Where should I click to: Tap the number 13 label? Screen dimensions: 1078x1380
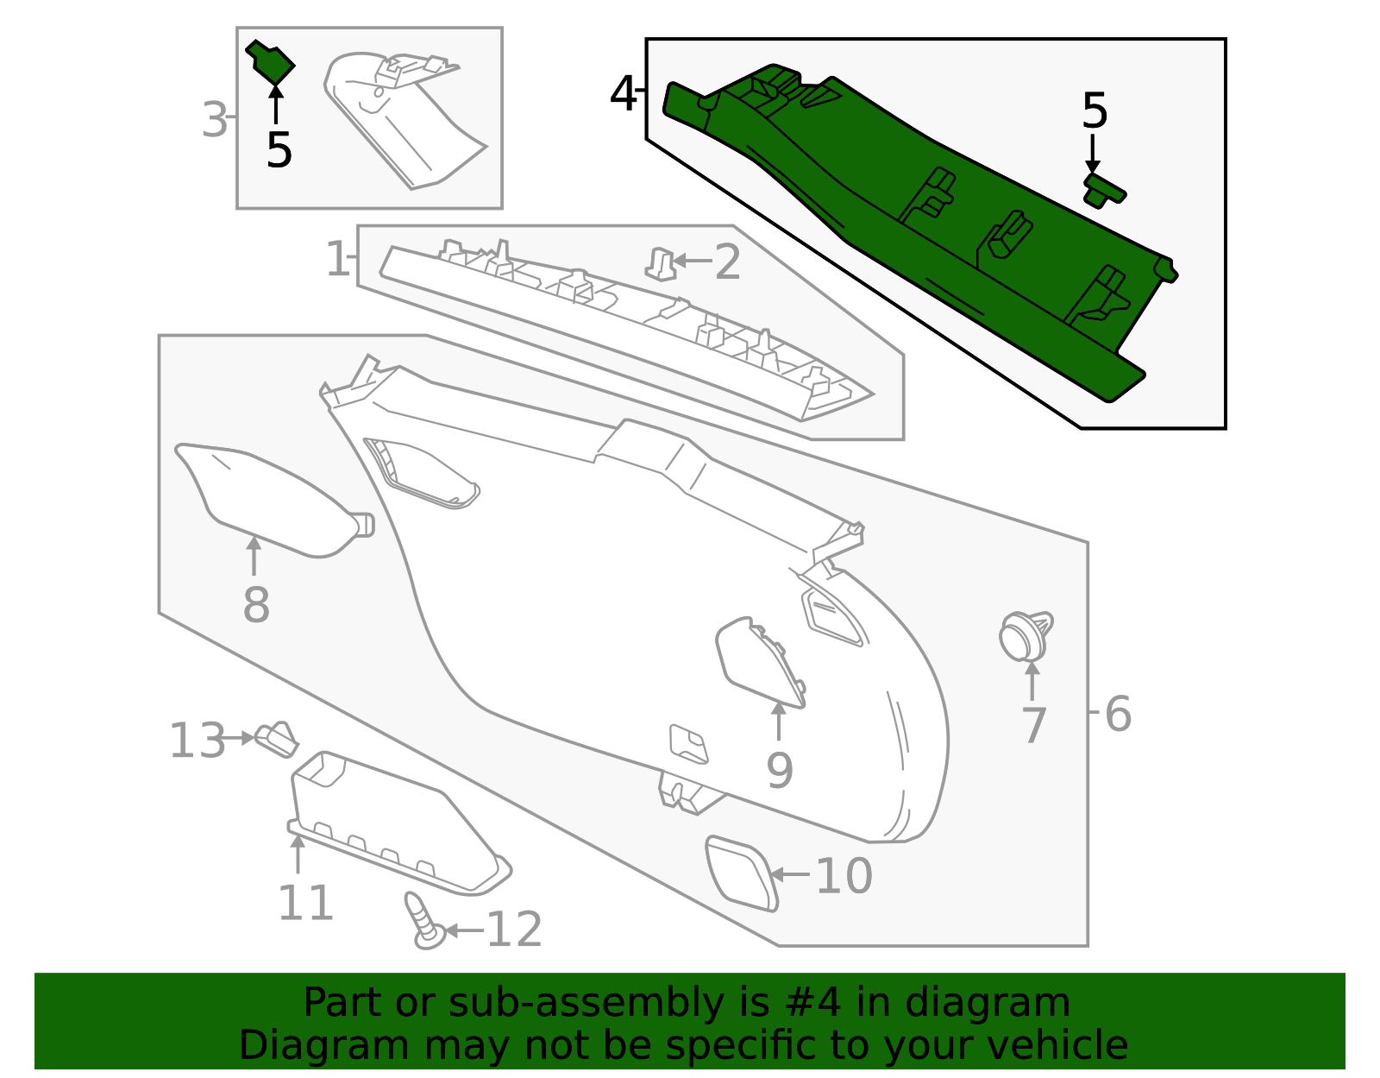[198, 741]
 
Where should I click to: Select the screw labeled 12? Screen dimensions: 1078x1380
[423, 922]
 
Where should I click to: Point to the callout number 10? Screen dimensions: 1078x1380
[844, 876]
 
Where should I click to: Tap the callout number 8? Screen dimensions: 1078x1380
[256, 605]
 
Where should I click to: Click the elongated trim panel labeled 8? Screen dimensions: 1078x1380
[267, 501]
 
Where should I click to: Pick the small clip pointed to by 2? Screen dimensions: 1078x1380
[661, 263]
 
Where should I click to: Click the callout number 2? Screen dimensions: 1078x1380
[727, 262]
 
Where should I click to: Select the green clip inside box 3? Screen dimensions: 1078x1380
[272, 63]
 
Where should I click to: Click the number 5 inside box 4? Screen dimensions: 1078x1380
[1094, 111]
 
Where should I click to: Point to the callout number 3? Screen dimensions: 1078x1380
[215, 120]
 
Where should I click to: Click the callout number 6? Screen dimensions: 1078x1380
[1117, 715]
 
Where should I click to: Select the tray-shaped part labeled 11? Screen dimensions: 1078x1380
[388, 820]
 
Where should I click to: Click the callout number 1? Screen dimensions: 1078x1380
[337, 259]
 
